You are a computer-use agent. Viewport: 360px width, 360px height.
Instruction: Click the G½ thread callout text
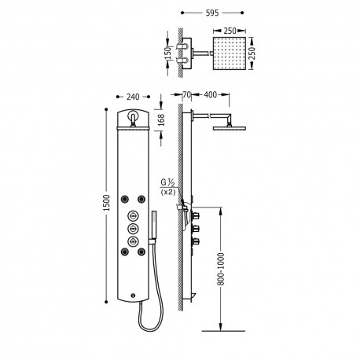pos(166,183)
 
